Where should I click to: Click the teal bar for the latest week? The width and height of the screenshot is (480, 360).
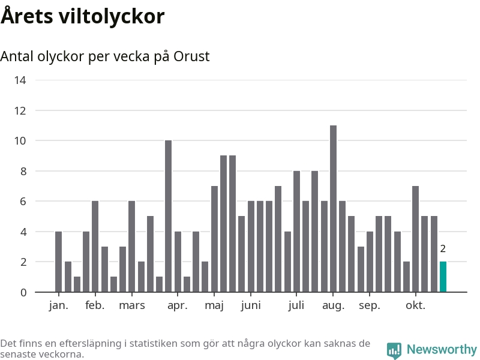tap(443, 277)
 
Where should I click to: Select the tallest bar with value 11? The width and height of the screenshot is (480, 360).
tap(333, 209)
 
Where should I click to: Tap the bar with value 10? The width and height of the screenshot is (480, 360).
tap(168, 216)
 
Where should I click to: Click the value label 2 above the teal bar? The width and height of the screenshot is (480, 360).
tap(443, 249)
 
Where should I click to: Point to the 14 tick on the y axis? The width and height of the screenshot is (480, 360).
tap(20, 80)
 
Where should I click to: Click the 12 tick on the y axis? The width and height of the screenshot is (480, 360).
tap(20, 110)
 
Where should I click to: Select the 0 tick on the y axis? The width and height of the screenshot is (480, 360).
tap(23, 293)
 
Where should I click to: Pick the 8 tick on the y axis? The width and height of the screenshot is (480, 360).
tap(23, 172)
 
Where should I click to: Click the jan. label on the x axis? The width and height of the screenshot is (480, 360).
tap(58, 305)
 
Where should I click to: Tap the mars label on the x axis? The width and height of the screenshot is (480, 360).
tap(132, 305)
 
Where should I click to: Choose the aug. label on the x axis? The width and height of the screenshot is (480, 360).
tap(333, 305)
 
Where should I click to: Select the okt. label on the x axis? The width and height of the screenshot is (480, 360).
tap(415, 305)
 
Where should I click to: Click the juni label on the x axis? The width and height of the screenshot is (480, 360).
tap(251, 305)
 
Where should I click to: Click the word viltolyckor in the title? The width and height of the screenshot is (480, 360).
tap(112, 16)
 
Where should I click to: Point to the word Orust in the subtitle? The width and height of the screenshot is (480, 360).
tap(191, 56)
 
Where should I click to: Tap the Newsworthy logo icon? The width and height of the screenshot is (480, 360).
tap(394, 350)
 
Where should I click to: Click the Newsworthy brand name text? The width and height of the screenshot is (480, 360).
tap(442, 349)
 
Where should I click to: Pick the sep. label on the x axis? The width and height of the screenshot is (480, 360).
tap(370, 305)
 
